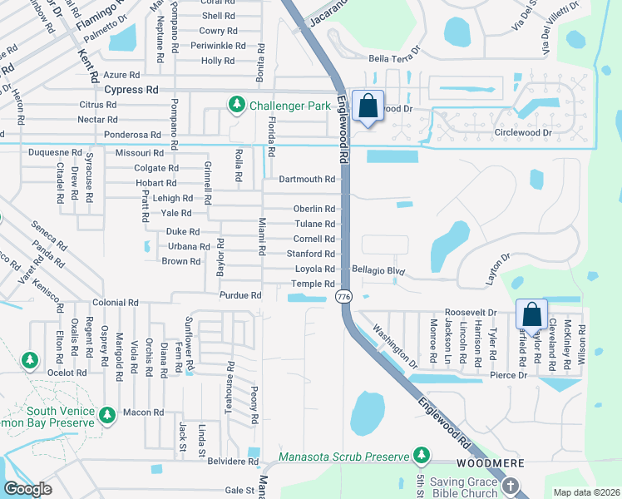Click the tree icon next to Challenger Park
tap(237, 104)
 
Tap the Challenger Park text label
tap(287, 104)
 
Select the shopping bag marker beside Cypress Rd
tap(368, 106)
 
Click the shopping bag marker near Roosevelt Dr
tap(531, 315)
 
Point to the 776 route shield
tap(343, 297)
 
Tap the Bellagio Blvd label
tap(378, 270)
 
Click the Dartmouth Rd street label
tap(307, 179)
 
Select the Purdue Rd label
tap(240, 295)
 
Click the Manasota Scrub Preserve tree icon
tap(422, 455)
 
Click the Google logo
tap(27, 489)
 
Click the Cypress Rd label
tap(131, 89)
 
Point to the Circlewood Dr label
tap(523, 132)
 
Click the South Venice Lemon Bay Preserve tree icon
tap(106, 414)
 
